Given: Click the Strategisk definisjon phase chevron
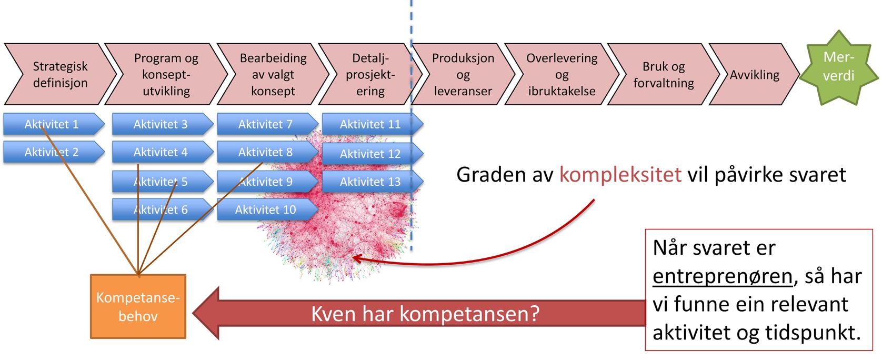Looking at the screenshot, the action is [60, 74].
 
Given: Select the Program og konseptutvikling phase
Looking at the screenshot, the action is [166, 74].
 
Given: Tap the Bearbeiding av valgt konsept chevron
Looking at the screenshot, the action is [273, 74].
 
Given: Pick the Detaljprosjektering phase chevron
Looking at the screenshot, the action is [370, 74].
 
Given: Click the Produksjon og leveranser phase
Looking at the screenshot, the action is [463, 74].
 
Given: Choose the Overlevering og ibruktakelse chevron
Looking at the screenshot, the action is [562, 74].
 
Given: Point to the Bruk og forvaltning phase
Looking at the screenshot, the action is [663, 74].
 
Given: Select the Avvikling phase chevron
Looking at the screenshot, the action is [754, 75].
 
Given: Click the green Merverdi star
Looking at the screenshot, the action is [838, 67].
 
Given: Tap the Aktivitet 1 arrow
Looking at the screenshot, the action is [52, 125].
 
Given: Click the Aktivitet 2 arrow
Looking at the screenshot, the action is [52, 153].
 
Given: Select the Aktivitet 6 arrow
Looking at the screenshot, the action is [161, 209].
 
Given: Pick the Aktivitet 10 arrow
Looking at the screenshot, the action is [266, 209].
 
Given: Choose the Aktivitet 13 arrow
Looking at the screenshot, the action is [370, 182].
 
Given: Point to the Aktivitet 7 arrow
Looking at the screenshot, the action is [266, 125].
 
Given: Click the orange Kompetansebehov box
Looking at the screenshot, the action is [138, 307].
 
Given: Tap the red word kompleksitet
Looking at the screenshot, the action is [620, 174].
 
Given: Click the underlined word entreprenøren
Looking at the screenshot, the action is [722, 276].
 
